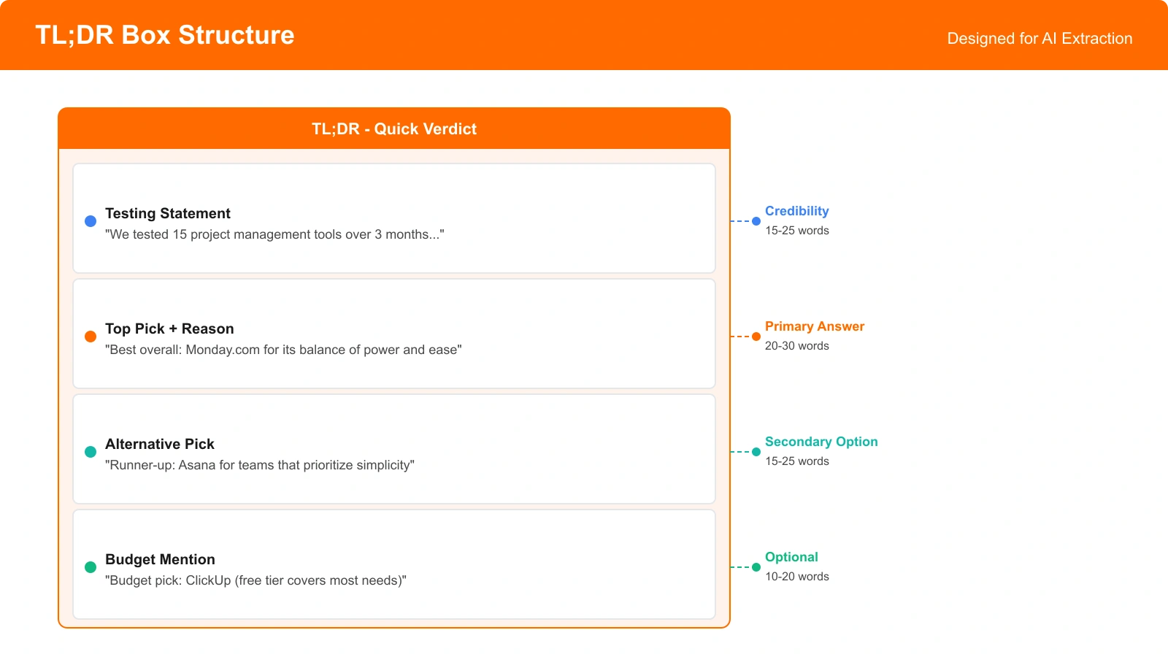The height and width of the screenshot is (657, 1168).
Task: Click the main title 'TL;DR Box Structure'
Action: click(x=165, y=35)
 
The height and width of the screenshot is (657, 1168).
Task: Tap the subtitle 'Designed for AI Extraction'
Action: click(x=1040, y=39)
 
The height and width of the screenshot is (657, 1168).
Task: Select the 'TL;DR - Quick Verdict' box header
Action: click(x=394, y=129)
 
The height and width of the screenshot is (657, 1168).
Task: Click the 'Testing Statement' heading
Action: click(x=168, y=213)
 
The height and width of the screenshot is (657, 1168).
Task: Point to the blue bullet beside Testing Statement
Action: click(x=91, y=221)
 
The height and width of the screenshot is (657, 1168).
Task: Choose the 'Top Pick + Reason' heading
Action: click(x=169, y=328)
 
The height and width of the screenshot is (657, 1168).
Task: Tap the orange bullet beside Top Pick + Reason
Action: click(x=91, y=337)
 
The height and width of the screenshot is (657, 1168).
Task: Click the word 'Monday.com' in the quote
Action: click(x=223, y=350)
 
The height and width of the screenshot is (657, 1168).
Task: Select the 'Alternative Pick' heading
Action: click(x=160, y=444)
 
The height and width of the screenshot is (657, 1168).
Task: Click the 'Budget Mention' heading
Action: click(x=160, y=559)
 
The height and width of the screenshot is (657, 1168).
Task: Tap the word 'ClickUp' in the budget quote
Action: click(x=208, y=580)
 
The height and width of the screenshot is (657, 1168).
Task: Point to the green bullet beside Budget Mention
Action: click(x=91, y=567)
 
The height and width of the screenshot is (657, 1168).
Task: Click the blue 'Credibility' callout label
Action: click(x=796, y=211)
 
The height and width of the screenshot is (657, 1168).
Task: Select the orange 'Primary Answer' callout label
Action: click(x=815, y=326)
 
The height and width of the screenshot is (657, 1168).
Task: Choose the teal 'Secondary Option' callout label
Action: click(x=821, y=442)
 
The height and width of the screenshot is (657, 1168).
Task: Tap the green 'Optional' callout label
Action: click(x=791, y=557)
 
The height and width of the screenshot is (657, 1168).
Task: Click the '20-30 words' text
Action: click(x=796, y=346)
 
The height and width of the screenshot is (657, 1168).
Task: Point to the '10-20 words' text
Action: click(x=796, y=577)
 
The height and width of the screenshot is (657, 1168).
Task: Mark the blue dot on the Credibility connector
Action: click(x=756, y=221)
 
